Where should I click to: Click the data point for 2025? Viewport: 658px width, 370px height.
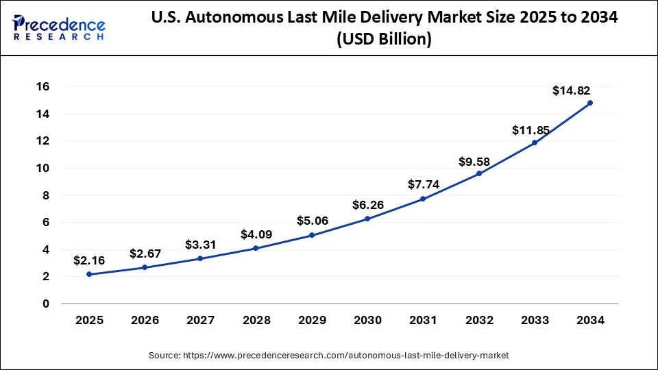(89, 274)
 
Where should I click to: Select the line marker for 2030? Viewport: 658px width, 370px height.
(367, 219)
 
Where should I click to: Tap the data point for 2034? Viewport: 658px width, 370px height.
(590, 103)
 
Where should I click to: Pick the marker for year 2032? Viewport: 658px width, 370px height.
(478, 173)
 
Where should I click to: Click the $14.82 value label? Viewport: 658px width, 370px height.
(572, 90)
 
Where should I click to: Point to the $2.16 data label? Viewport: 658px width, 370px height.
(89, 260)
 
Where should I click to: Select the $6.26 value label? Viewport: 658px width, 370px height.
(367, 205)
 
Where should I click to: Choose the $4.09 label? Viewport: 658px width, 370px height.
(256, 234)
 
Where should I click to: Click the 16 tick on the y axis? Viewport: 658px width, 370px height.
(42, 86)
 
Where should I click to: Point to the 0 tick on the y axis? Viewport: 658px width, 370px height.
(46, 304)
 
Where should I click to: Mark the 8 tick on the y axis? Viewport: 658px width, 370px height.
(46, 195)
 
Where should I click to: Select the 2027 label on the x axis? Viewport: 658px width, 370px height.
(200, 320)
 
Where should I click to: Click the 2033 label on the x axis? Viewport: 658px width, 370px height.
(534, 320)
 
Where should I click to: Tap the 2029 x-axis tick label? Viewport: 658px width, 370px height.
(311, 320)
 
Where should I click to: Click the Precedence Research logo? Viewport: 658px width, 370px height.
(59, 28)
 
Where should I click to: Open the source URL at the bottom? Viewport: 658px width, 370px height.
(329, 356)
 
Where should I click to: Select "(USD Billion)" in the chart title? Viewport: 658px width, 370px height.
(384, 40)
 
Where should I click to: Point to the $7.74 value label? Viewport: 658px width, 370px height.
(423, 184)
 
